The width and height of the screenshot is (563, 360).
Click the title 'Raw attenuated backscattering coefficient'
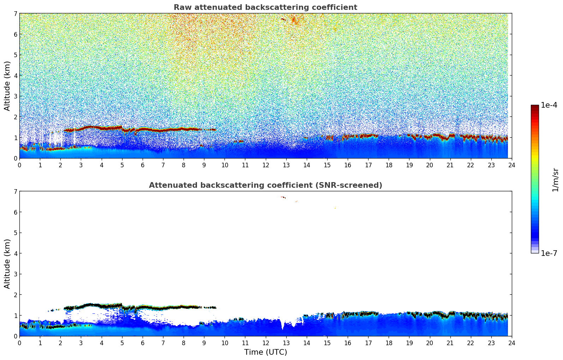(265, 7)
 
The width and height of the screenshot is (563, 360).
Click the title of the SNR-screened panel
(265, 185)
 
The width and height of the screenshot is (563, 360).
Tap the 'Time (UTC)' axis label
(265, 352)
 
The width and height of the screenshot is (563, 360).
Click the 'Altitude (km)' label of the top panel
(7, 86)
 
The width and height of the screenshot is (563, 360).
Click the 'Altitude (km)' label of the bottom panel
(7, 264)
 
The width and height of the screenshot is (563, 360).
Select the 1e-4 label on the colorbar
(549, 105)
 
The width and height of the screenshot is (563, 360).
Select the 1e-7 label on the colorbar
(549, 253)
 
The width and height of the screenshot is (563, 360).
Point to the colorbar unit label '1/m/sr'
(555, 180)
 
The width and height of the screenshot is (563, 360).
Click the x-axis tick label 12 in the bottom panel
(265, 343)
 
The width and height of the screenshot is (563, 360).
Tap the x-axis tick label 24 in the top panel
(511, 165)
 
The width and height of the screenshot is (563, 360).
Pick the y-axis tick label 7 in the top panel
(16, 14)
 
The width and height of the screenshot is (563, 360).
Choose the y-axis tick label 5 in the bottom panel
(16, 233)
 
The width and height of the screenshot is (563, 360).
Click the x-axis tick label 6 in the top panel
(143, 165)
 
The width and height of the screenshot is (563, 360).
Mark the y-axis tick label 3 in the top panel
(16, 96)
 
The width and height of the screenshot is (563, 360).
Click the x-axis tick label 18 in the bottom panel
(389, 343)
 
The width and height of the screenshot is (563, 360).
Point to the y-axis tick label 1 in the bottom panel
(16, 316)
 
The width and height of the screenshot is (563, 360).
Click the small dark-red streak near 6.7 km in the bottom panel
(283, 197)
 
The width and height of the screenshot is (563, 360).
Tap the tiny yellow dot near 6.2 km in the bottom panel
(335, 208)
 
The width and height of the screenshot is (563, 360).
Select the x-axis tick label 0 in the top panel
(19, 165)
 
